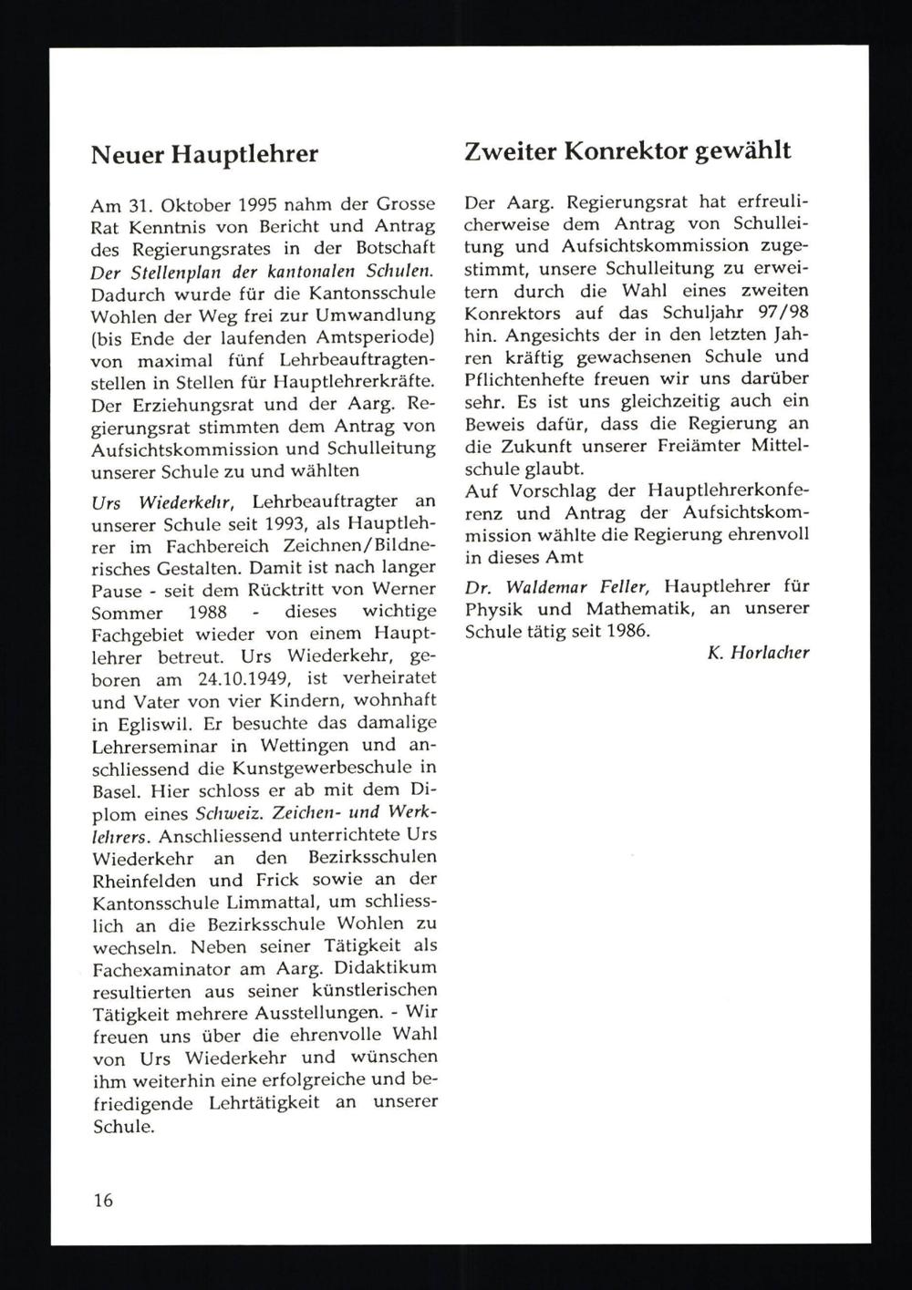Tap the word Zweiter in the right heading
(509, 151)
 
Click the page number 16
(103, 1200)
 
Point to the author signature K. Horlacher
(758, 653)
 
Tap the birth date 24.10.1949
(249, 679)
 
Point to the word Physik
(492, 608)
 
